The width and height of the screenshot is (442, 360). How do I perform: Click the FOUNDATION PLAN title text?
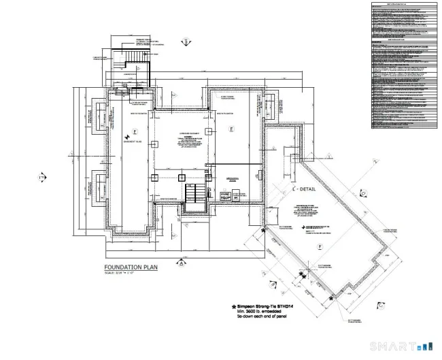131,267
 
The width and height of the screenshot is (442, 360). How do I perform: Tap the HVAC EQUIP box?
226,195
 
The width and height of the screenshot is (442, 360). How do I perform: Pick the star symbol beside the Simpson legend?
233,306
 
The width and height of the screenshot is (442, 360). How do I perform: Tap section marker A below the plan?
180,262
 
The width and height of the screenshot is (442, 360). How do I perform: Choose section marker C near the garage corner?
363,193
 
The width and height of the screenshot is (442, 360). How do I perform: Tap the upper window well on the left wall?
98,115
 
